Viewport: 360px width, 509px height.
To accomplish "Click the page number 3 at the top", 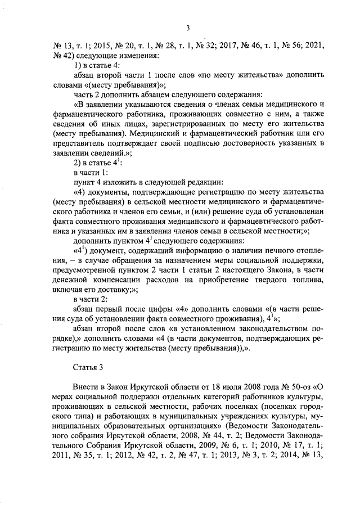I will (x=188, y=29).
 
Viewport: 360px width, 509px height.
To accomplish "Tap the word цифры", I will (x=161, y=308).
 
